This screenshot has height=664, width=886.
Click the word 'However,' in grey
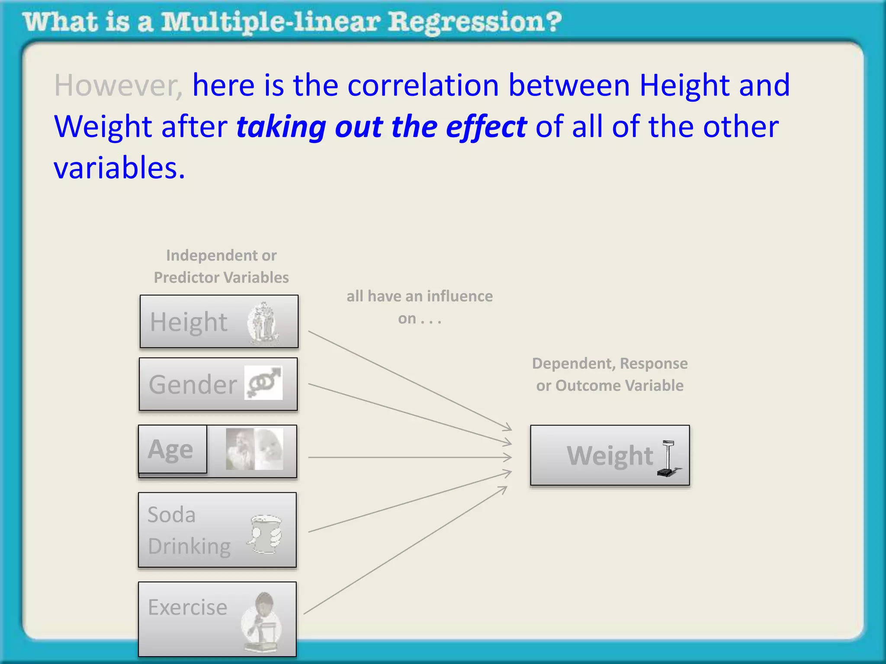tap(118, 86)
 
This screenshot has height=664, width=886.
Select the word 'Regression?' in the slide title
tap(475, 22)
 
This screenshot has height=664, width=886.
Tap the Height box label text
tap(189, 322)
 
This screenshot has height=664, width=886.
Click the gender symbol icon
tap(263, 383)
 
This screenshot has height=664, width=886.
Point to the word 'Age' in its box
tap(170, 450)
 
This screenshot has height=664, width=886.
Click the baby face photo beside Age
tap(269, 449)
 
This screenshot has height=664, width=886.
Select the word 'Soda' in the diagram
tap(172, 515)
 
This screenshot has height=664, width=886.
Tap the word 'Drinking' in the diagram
tap(189, 546)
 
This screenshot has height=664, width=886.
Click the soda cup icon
tap(265, 534)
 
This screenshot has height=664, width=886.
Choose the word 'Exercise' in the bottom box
tap(187, 607)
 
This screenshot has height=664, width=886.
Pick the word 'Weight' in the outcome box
tap(610, 456)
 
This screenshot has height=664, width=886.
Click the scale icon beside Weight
tap(668, 458)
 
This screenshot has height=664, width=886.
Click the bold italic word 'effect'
tap(486, 127)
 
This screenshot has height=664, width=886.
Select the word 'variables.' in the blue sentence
tap(119, 168)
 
